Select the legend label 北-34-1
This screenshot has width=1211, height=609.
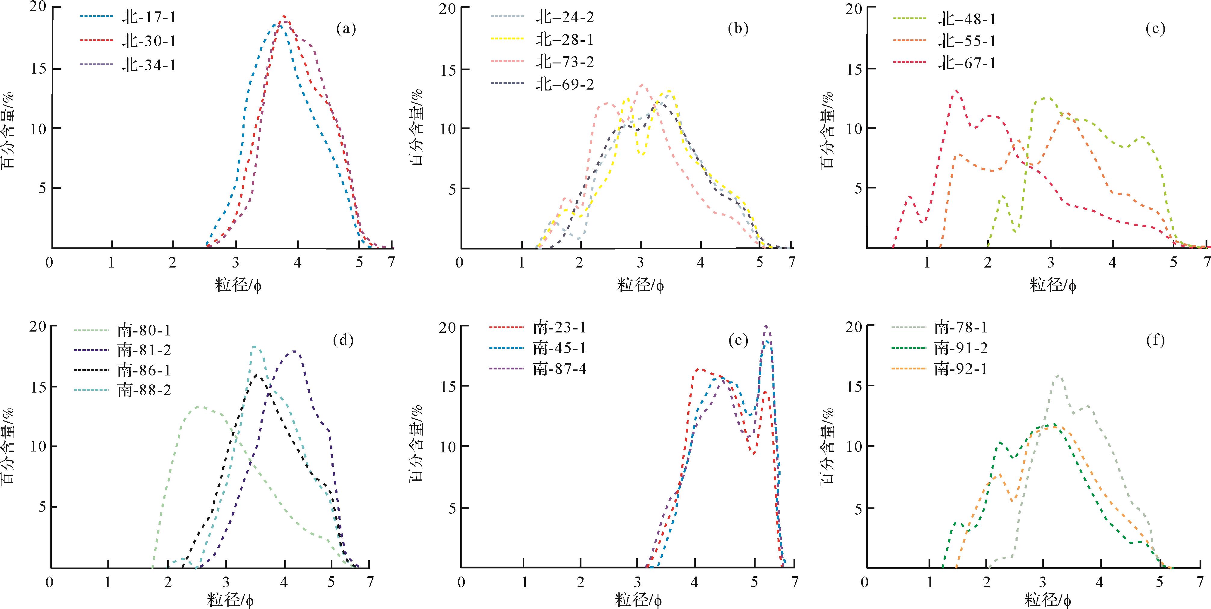(x=149, y=65)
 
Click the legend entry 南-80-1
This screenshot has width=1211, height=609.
(x=144, y=330)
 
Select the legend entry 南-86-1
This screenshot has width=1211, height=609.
(x=144, y=370)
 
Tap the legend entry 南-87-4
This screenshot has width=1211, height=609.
(x=559, y=369)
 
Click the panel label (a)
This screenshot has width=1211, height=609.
(x=346, y=29)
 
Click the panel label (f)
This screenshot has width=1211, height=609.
(x=1155, y=340)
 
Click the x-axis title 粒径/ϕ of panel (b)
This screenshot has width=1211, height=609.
(x=640, y=284)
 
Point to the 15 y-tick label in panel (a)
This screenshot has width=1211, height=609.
(x=39, y=69)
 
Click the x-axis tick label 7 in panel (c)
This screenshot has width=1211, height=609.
(x=1206, y=262)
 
